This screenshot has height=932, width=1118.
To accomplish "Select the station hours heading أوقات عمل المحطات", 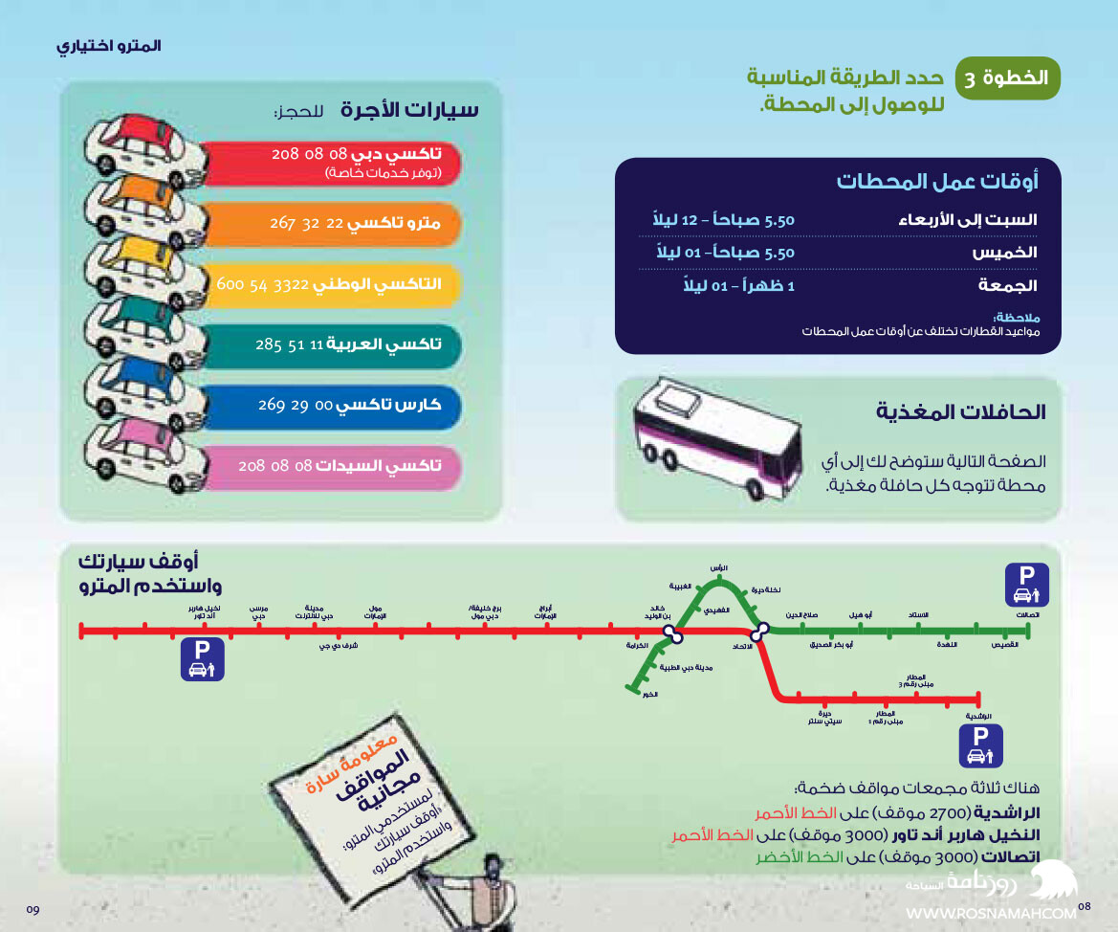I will (936, 181).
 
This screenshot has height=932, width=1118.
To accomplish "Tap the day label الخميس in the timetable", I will (1004, 254).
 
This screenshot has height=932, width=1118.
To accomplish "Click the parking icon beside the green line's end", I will (1027, 584).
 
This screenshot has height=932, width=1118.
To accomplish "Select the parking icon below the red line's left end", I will (202, 660).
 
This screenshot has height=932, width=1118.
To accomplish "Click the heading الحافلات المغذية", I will (961, 412).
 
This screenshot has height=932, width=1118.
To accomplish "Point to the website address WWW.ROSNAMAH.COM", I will (991, 915).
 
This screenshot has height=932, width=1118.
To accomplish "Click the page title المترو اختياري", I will (109, 46).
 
